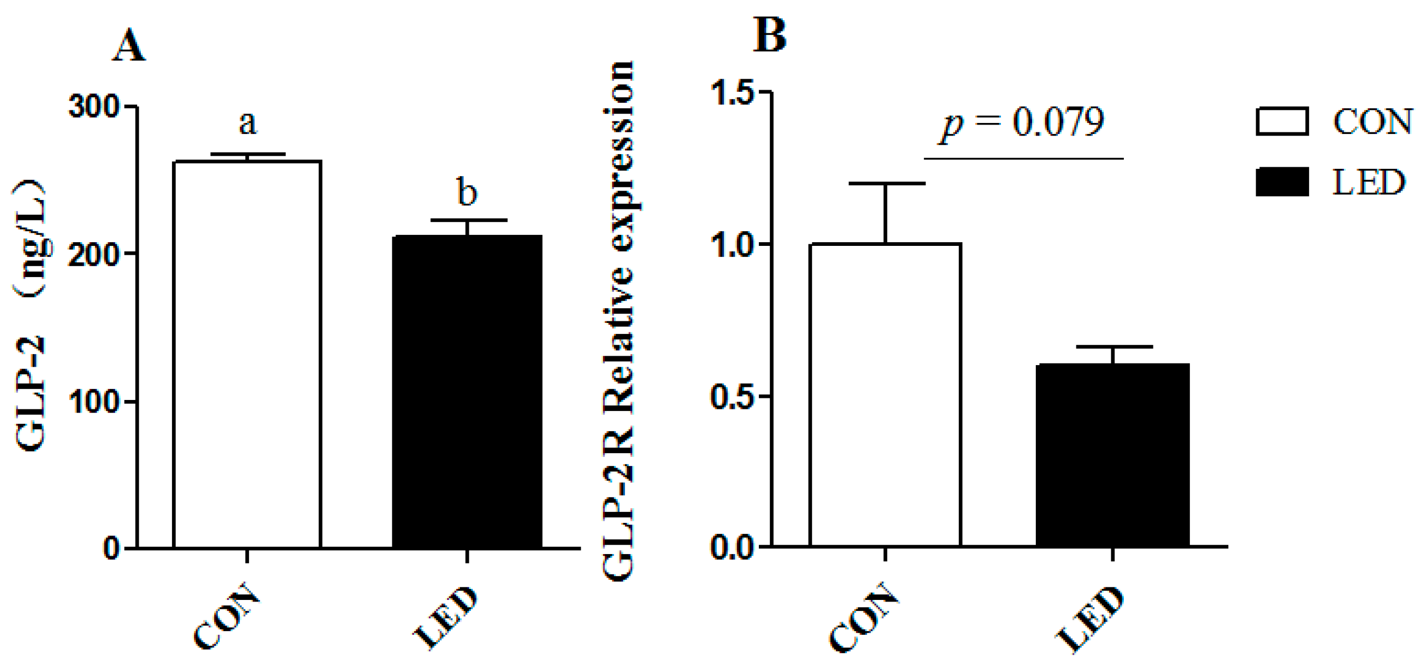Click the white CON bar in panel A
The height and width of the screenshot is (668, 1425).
[x=247, y=354]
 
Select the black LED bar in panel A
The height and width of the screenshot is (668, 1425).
[x=467, y=392]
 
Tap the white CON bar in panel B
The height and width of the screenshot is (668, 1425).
[x=885, y=395]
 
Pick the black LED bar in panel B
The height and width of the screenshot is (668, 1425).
[x=1112, y=455]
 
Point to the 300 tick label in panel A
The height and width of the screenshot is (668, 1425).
[x=94, y=106]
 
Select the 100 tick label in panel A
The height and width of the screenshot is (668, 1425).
[x=94, y=401]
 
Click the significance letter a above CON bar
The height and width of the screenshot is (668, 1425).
[x=248, y=123]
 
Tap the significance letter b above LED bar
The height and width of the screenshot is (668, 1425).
[x=467, y=193]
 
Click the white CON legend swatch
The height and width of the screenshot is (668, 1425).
[x=1282, y=121]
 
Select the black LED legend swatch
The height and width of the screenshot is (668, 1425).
[x=1282, y=182]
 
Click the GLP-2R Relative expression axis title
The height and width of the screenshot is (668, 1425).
[x=619, y=321]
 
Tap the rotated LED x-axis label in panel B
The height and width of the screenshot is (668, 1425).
[x=1090, y=619]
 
